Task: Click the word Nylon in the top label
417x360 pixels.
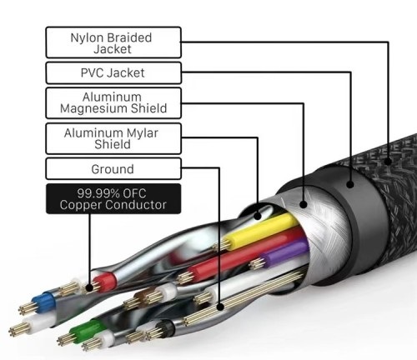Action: pyautogui.click(x=88, y=37)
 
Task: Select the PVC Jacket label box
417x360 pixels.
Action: pyautogui.click(x=113, y=72)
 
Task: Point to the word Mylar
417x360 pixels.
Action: pyautogui.click(x=142, y=133)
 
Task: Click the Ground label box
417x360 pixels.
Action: pyautogui.click(x=113, y=169)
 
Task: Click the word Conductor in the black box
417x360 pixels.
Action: pyautogui.click(x=136, y=205)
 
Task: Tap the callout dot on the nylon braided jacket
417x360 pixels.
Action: pyautogui.click(x=388, y=162)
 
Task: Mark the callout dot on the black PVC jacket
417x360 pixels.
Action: pyautogui.click(x=350, y=184)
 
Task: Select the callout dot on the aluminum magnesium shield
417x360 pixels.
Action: pyautogui.click(x=304, y=204)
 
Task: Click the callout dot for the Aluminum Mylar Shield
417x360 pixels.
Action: pyautogui.click(x=258, y=216)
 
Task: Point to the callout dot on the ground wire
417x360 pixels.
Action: pyautogui.click(x=220, y=307)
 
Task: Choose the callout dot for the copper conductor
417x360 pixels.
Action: pyautogui.click(x=89, y=287)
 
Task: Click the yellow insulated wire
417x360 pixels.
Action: pyautogui.click(x=261, y=230)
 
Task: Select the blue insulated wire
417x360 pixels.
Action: pyautogui.click(x=43, y=302)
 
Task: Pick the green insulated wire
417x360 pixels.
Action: pyautogui.click(x=86, y=330)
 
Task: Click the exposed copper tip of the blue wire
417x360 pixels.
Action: pyautogui.click(x=28, y=308)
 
